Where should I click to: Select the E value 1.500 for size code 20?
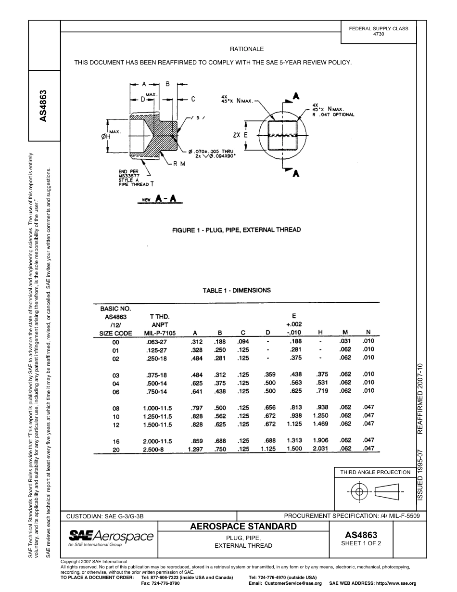click(294, 449)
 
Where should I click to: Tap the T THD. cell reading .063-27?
click(156, 342)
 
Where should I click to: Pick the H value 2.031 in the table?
click(320, 449)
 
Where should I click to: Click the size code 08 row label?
click(115, 408)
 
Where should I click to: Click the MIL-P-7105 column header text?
click(160, 333)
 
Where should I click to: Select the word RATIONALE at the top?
click(247, 49)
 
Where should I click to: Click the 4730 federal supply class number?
click(379, 35)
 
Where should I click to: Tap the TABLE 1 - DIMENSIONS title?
click(237, 290)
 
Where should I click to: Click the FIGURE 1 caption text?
click(236, 230)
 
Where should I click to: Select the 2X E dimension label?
click(240, 135)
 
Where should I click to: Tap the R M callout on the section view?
click(179, 164)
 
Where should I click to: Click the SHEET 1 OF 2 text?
click(361, 543)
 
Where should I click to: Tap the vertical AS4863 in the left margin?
click(43, 106)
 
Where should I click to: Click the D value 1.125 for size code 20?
click(268, 449)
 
